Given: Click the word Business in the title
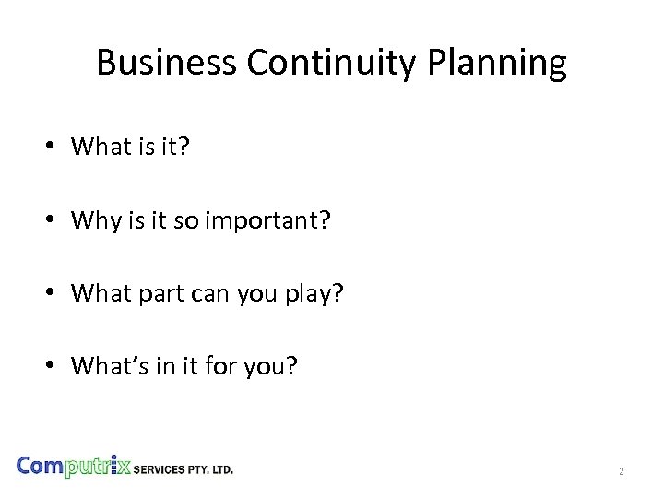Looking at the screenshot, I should (x=166, y=63).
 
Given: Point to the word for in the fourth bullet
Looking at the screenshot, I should (x=219, y=366).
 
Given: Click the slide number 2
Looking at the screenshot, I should (x=622, y=471).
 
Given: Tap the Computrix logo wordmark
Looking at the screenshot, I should (x=75, y=466).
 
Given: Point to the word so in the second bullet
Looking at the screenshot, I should (x=189, y=221).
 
